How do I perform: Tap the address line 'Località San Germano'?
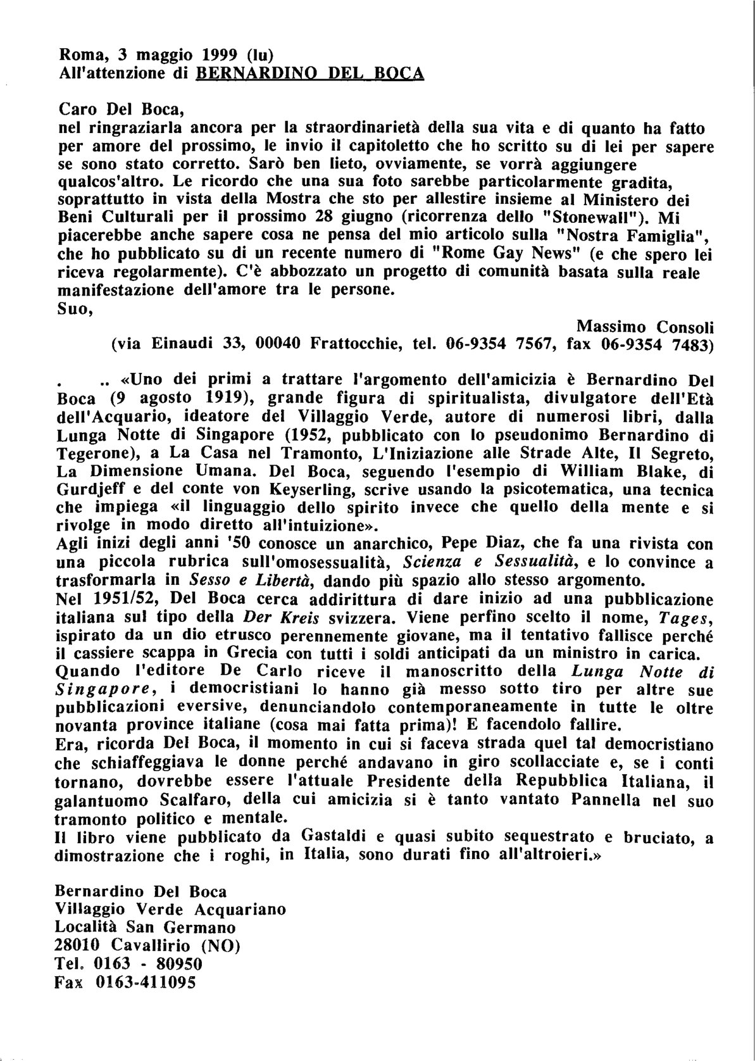click(x=146, y=927)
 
